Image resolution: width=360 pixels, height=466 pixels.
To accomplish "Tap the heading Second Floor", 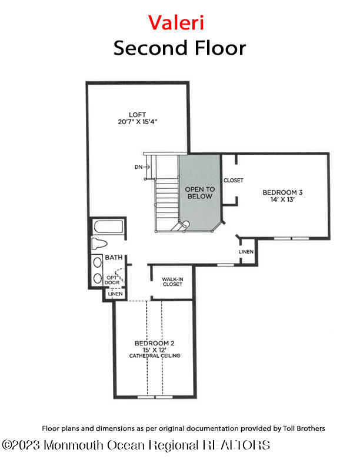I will [179, 48].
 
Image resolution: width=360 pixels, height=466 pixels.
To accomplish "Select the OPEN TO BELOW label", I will [200, 192].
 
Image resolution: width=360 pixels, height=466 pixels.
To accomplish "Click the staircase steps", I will [166, 200].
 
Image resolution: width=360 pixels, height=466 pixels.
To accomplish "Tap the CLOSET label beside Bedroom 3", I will [233, 181].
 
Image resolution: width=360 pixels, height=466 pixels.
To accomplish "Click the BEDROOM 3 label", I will [282, 192].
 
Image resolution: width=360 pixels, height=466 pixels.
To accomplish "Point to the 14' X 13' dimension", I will [282, 200].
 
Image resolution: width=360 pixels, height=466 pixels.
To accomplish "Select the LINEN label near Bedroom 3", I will [246, 252].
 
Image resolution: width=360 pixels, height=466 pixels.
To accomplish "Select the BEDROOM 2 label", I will [154, 343].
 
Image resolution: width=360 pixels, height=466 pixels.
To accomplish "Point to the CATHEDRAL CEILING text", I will [154, 356].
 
